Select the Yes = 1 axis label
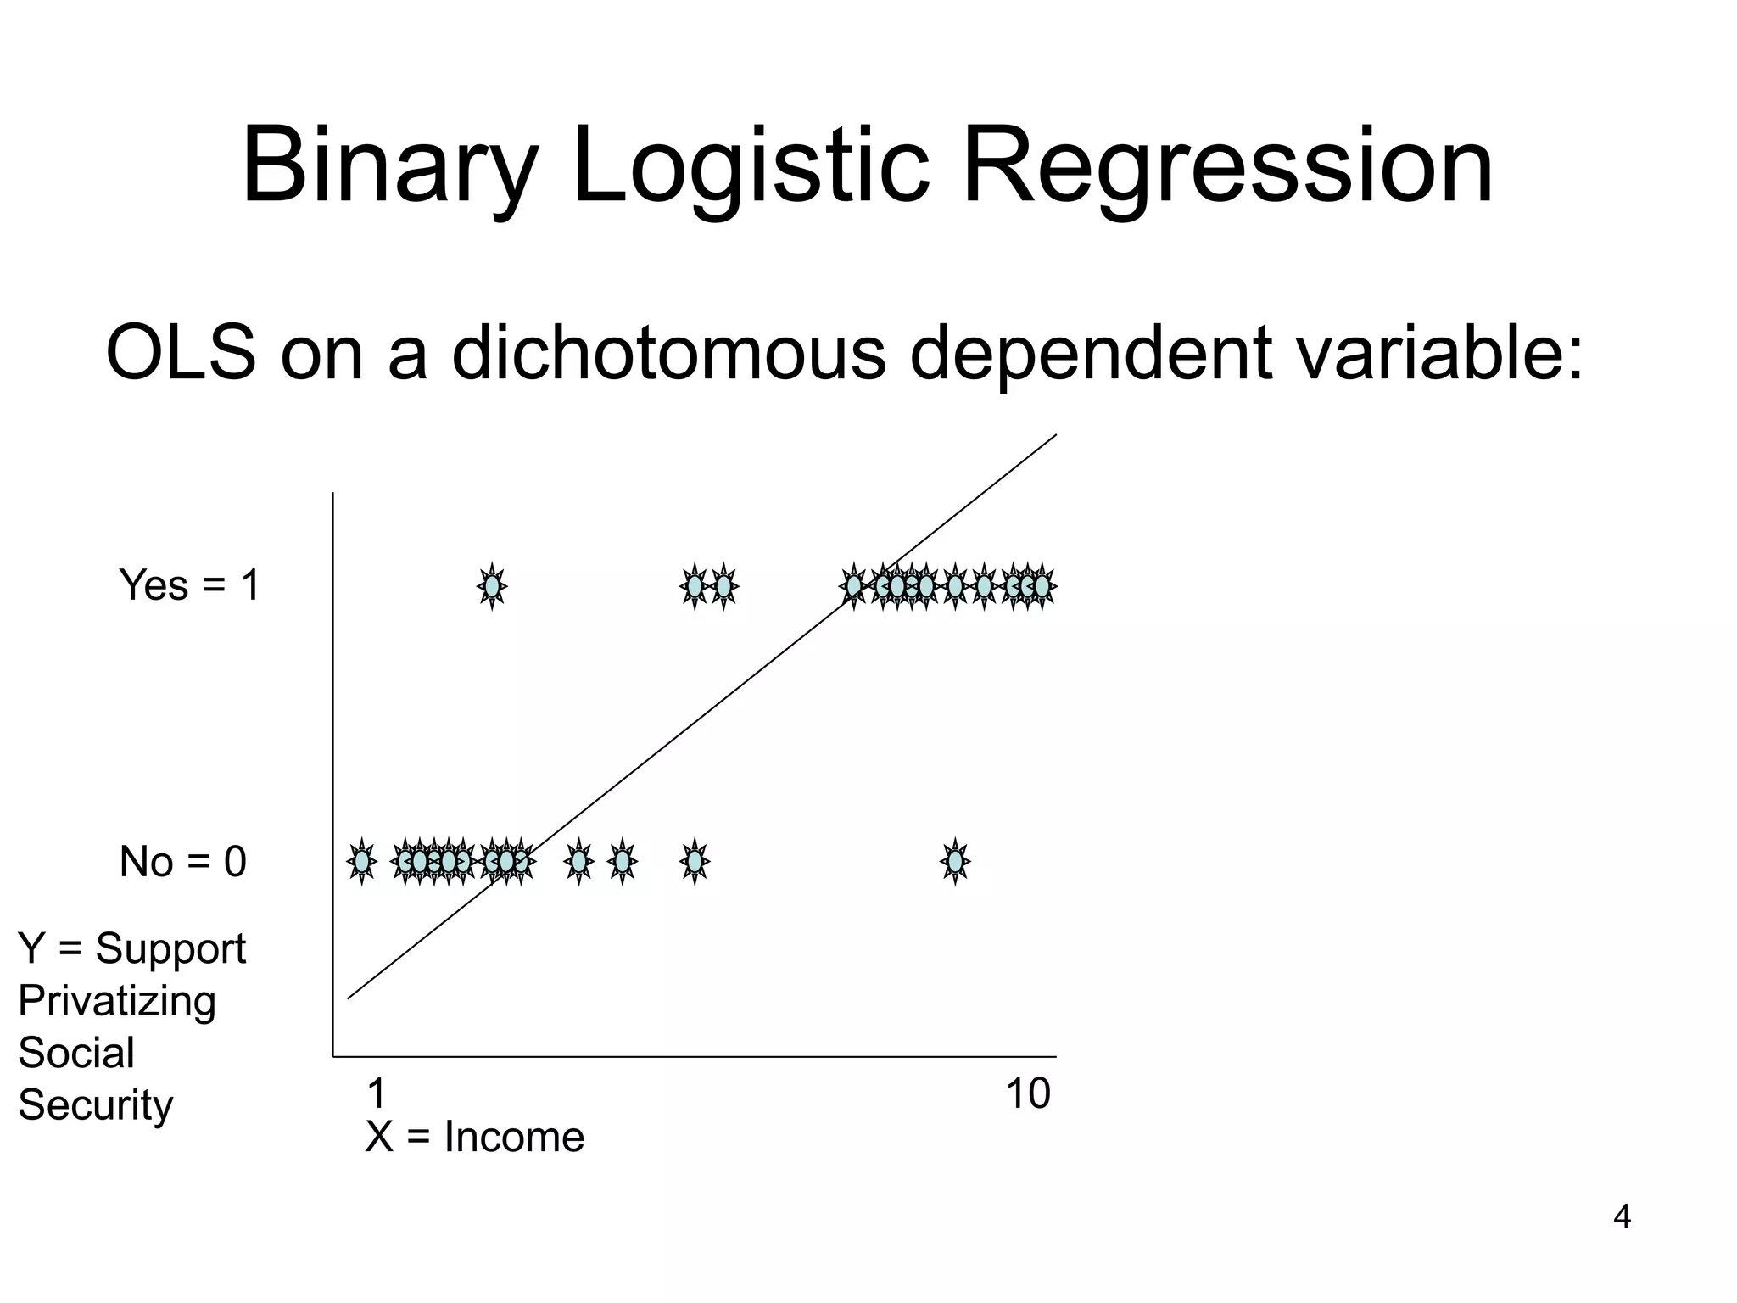click(189, 585)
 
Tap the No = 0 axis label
click(182, 862)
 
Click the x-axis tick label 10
click(1028, 1094)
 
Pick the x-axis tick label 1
click(377, 1094)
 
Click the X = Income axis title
click(474, 1137)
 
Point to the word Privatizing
click(117, 1001)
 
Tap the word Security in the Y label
click(95, 1105)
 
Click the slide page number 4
click(1622, 1217)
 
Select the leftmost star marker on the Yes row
click(492, 586)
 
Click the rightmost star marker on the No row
click(955, 861)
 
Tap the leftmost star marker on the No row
click(362, 861)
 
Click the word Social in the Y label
click(76, 1053)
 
